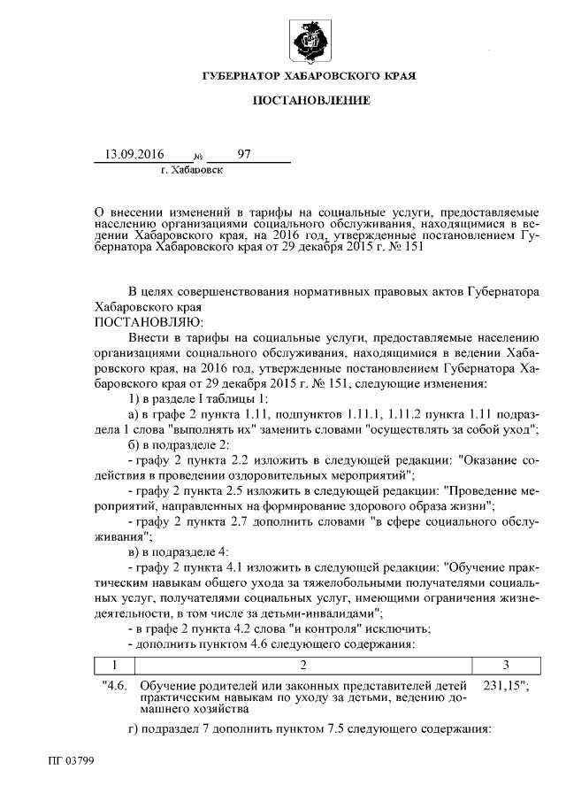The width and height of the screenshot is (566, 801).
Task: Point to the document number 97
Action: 244,154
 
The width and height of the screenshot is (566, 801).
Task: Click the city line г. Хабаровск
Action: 192,168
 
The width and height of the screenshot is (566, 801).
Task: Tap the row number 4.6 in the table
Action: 117,684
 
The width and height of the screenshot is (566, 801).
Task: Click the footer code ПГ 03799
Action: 72,760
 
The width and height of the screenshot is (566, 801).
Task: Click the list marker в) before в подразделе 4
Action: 134,550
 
